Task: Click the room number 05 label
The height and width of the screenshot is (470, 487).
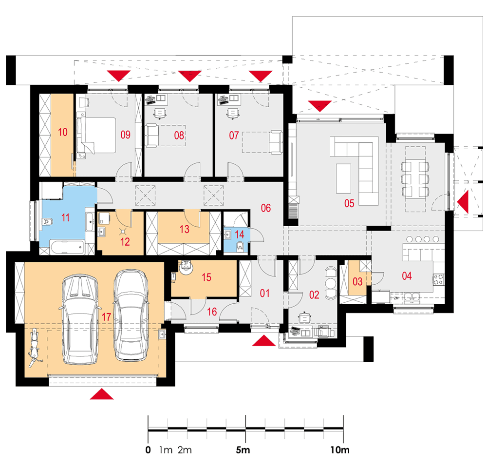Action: (349, 203)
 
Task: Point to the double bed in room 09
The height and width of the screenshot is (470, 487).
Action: (96, 135)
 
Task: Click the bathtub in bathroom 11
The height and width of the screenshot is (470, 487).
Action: (67, 248)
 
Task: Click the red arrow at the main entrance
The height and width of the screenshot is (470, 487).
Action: (263, 340)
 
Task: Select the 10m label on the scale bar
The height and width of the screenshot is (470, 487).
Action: (339, 450)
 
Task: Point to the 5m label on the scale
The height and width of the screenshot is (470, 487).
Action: (243, 450)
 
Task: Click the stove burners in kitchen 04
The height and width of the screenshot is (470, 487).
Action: (438, 279)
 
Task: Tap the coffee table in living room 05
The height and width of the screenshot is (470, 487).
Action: (343, 179)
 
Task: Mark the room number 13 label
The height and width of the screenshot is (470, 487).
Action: (184, 230)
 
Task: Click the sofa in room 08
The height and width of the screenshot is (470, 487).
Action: (152, 135)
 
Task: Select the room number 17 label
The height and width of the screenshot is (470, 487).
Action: (106, 317)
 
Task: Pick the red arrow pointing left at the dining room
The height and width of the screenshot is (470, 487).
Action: (463, 202)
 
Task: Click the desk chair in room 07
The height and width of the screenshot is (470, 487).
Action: (233, 113)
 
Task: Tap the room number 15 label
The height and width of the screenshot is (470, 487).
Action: (206, 277)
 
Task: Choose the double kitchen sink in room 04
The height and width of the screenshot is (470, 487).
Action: (412, 297)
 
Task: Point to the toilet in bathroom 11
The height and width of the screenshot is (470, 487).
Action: (48, 222)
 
